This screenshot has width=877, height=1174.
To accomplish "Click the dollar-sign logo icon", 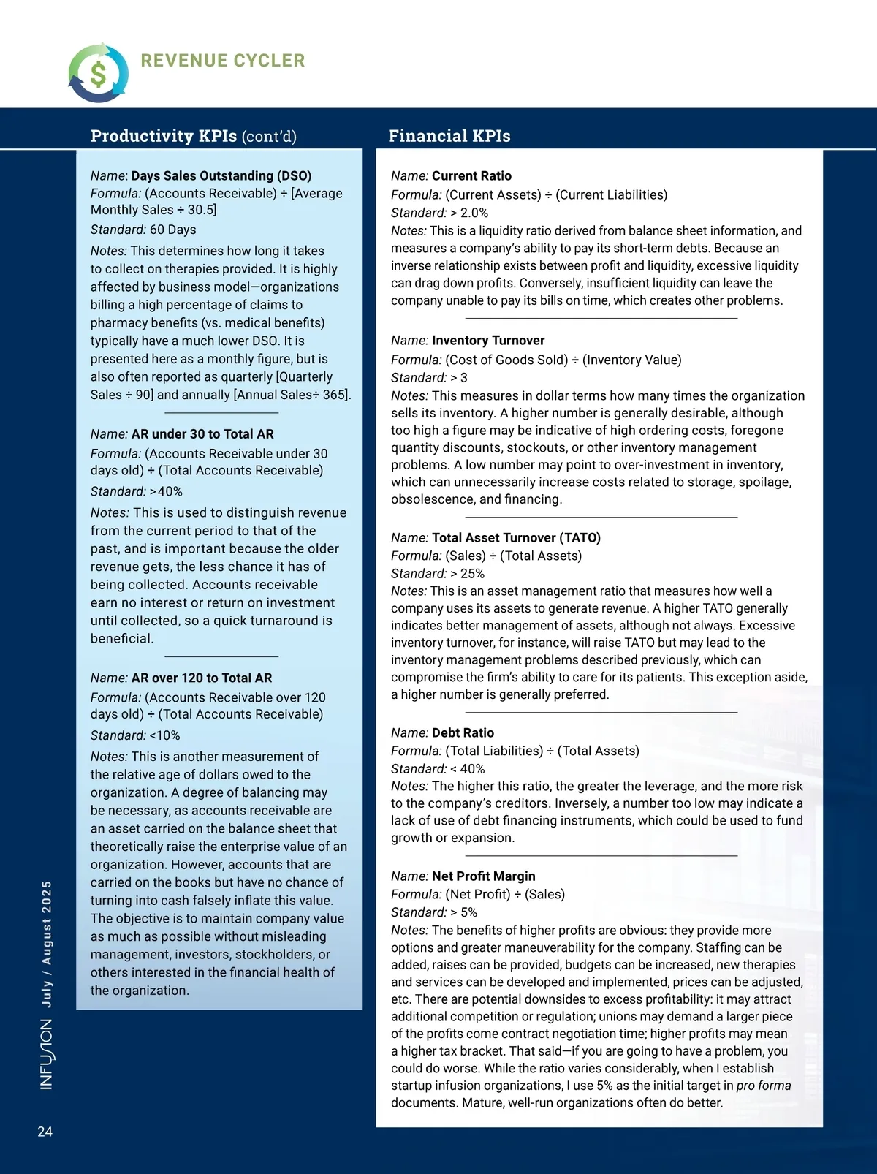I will coord(98,73).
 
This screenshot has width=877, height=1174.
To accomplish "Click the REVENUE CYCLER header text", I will coord(223,61).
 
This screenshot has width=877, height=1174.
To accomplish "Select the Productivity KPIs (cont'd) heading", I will coord(194,136).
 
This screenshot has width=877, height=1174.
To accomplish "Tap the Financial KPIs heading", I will coord(449,136).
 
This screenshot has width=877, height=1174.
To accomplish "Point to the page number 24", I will coord(45,1132).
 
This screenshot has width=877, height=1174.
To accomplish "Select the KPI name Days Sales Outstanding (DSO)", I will coord(221,176).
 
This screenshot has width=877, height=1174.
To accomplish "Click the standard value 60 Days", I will coord(173,230).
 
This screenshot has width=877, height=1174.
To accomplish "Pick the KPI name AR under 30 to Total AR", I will coord(202,434).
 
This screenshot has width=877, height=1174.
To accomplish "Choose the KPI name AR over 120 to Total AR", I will coord(202,678).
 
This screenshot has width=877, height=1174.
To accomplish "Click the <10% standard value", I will coord(164,736).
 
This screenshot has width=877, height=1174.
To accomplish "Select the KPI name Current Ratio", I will coord(471,176).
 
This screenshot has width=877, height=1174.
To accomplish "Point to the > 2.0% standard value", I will coord(469,213).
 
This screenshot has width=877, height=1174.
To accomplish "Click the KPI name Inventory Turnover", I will coord(488,341).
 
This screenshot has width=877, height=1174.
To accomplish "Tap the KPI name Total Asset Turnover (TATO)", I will coord(516,538).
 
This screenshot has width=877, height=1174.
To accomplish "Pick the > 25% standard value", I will coord(467,574).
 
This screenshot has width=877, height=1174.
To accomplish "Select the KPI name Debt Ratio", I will coord(463,733).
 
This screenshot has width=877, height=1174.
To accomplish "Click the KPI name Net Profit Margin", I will coord(483,876).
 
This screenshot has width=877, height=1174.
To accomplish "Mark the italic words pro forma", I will coord(763,1086).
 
